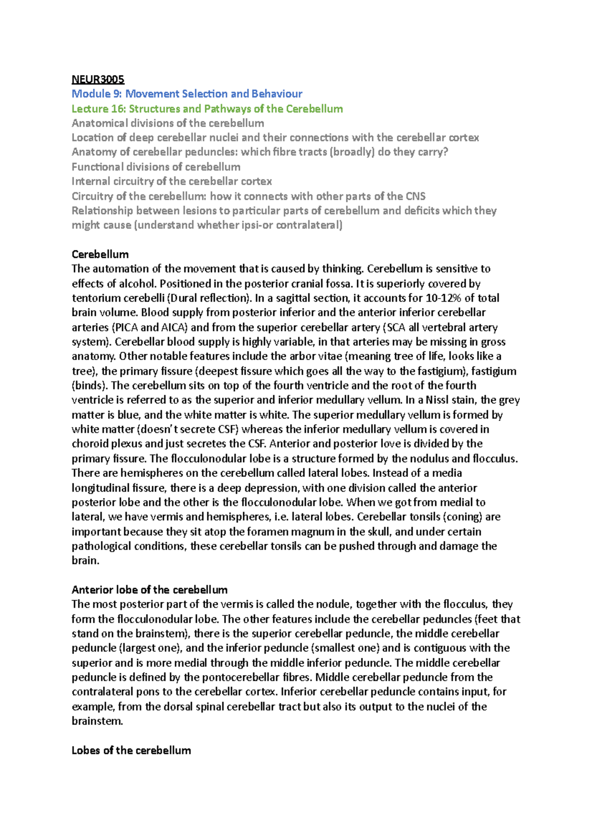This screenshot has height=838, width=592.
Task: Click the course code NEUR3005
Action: [x=98, y=79]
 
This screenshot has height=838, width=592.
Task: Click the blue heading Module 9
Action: [x=186, y=94]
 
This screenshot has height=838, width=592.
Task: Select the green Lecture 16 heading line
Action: [x=207, y=109]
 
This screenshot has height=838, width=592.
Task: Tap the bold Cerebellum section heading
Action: [x=100, y=254]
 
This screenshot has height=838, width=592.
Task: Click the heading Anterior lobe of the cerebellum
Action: [x=149, y=590]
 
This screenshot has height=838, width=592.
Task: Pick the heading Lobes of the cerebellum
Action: [x=131, y=750]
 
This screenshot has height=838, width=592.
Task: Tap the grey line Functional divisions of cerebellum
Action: [x=156, y=167]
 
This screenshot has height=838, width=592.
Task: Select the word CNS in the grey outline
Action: [x=415, y=196]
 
